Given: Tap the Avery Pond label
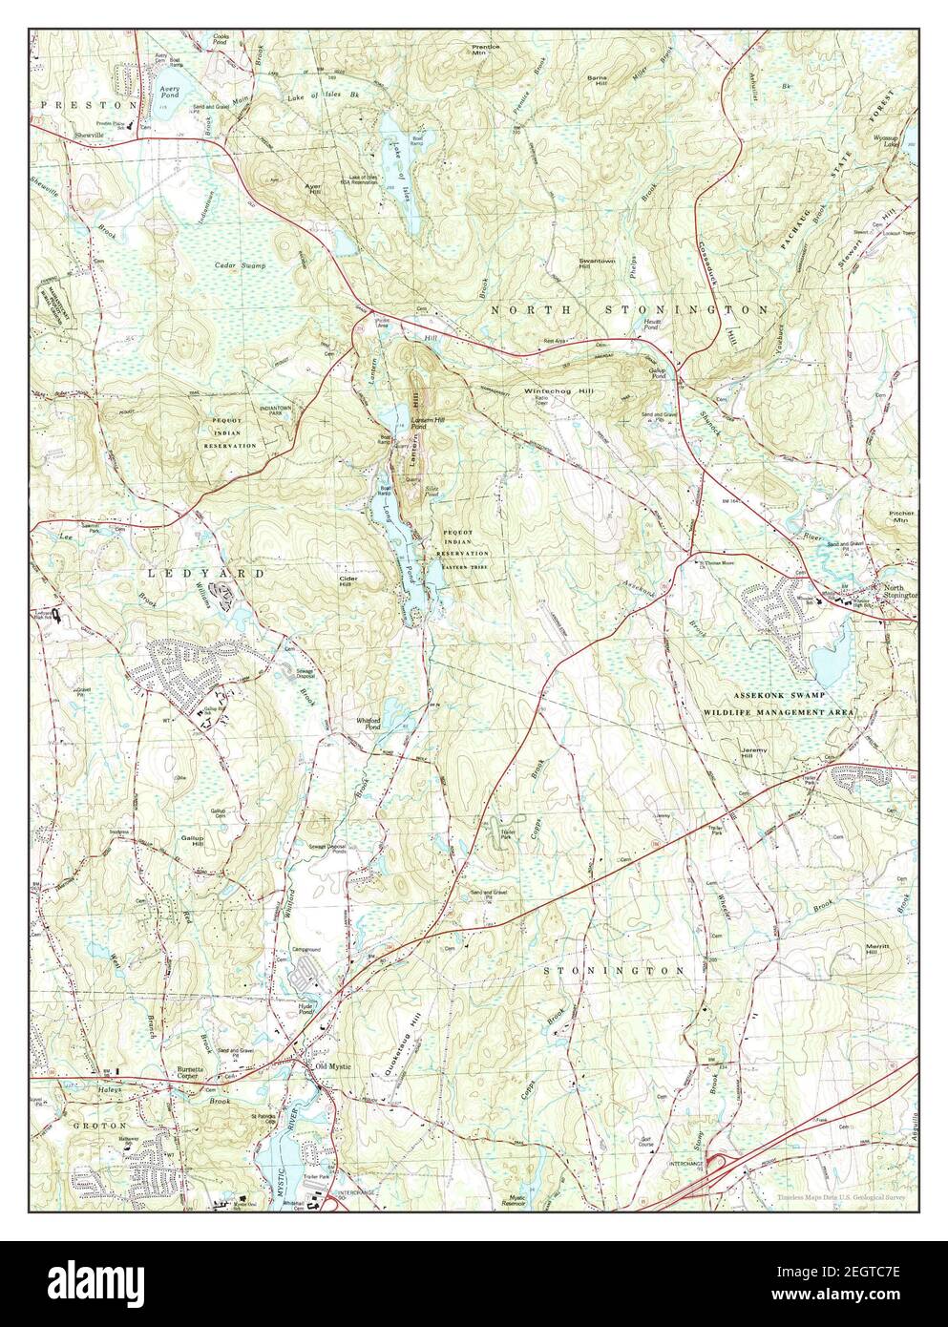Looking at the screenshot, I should point(167,92).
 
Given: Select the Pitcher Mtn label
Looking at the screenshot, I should point(901,516).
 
